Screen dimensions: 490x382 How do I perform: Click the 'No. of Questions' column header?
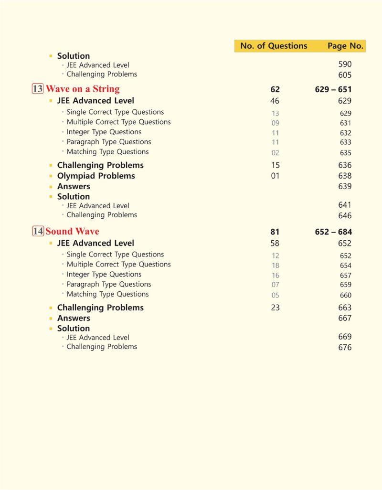(x=274, y=46)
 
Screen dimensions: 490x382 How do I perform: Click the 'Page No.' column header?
(x=345, y=46)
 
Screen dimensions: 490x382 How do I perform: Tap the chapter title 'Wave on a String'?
(x=83, y=89)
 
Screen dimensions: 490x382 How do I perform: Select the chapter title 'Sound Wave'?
(x=72, y=231)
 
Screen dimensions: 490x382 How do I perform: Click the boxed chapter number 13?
(x=38, y=89)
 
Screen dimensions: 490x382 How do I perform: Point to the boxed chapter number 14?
(x=38, y=231)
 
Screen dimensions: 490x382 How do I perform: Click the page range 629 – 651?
(x=333, y=89)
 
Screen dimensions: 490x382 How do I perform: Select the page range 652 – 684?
(x=333, y=232)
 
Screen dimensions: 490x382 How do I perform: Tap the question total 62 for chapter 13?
(x=275, y=89)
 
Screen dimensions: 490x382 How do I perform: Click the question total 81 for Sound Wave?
(x=275, y=232)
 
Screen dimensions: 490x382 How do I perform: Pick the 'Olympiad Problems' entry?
(x=96, y=176)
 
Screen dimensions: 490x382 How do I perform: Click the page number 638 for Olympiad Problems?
(x=345, y=176)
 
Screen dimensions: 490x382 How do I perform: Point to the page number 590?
(x=345, y=64)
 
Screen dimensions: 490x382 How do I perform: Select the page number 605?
(x=345, y=75)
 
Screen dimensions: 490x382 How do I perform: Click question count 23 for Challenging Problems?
(x=275, y=308)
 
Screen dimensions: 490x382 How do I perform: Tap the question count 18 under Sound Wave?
(x=275, y=266)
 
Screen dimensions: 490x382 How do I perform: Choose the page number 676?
(x=345, y=347)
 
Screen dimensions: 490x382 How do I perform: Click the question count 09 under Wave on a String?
(x=275, y=123)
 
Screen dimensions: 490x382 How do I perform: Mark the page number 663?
(x=345, y=308)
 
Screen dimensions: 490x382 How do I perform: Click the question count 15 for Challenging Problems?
(x=275, y=165)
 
